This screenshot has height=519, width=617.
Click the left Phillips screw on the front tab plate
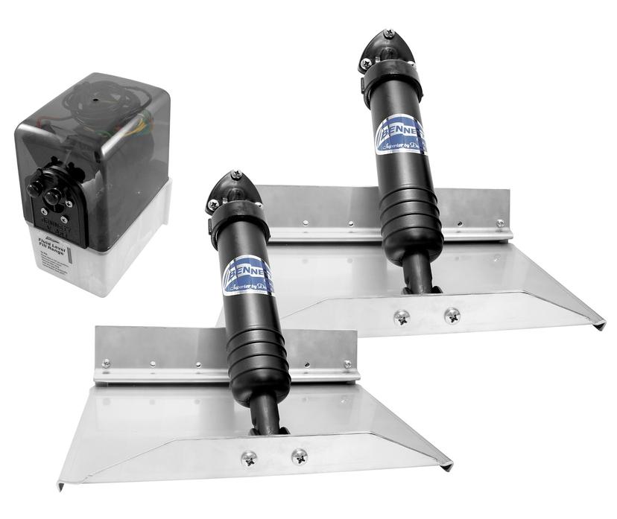pos(250,458)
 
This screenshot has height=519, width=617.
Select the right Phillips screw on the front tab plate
pos(299,456)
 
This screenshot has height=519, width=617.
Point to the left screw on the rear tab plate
pos(402,317)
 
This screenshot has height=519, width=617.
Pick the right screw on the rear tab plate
pos(452,315)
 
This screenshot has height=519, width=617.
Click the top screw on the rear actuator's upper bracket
pos(388,34)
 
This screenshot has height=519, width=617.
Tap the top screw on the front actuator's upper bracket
pos(236,176)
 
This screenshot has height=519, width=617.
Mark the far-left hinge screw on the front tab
pos(106,363)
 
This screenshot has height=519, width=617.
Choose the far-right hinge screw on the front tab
pos(347,364)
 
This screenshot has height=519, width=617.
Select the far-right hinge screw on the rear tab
pos(499,223)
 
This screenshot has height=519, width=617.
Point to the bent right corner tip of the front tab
pos(448,466)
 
